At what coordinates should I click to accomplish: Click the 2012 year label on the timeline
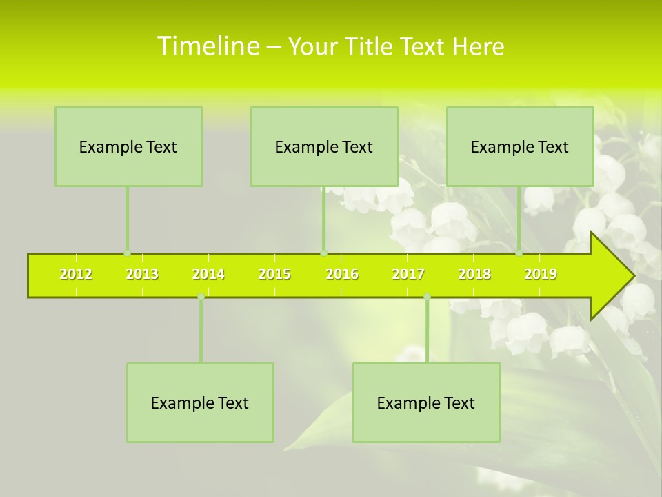pos(76,275)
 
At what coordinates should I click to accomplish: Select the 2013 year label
pos(142,275)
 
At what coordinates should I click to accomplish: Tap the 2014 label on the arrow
pos(208,275)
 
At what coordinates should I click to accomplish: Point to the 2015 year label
pos(274,275)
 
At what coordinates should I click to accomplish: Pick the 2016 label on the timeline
pos(342,275)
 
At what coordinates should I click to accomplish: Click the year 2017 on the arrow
pos(408,275)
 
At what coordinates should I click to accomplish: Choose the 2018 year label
pos(474,275)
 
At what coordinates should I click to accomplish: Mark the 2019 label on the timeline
pos(541,275)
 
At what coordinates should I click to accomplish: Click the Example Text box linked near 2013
pos(128,147)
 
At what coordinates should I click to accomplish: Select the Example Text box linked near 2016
pos(324,147)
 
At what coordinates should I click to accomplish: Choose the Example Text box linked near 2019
pos(520,147)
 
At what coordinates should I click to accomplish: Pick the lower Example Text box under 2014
pos(200,403)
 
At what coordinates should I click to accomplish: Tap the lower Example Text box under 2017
pos(426,403)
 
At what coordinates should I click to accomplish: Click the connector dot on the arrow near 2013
pos(127,253)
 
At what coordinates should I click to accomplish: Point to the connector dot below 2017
pos(427,297)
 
